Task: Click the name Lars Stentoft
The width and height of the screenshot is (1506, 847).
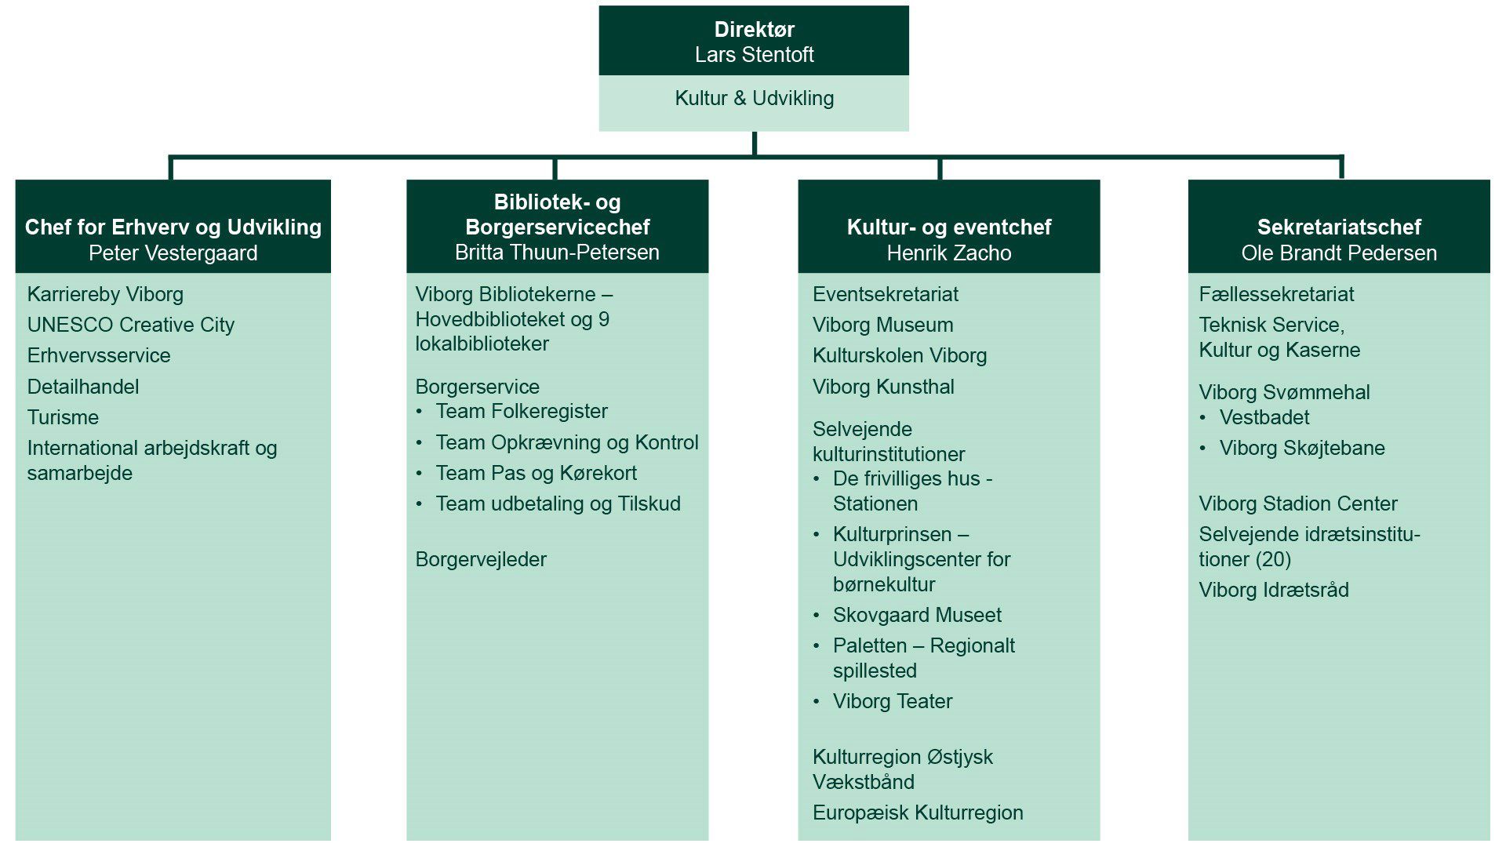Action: [x=754, y=55]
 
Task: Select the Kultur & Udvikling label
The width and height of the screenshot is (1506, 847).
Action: [x=754, y=99]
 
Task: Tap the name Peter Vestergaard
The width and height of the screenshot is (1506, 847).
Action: [x=173, y=253]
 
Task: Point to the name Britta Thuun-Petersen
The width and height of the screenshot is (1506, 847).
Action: [x=557, y=253]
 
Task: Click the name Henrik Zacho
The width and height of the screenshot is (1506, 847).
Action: [x=948, y=253]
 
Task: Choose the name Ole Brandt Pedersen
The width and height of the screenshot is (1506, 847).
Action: [x=1338, y=253]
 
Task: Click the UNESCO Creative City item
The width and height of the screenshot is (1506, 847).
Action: [x=130, y=325]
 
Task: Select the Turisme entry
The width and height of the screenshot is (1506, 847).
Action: [x=63, y=417]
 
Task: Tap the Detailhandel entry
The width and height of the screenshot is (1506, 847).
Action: [x=82, y=387]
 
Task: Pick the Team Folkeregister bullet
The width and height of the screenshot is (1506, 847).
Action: [x=521, y=411]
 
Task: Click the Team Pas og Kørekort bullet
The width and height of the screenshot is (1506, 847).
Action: [x=536, y=473]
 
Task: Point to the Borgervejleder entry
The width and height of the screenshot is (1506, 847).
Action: [x=480, y=559]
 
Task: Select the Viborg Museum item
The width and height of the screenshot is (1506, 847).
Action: [x=882, y=325]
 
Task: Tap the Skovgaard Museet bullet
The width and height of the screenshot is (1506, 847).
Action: [x=916, y=615]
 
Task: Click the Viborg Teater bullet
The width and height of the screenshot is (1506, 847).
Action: [x=892, y=701]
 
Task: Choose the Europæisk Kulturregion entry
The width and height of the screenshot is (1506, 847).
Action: [x=917, y=812]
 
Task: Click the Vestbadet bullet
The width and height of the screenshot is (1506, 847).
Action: [x=1264, y=417]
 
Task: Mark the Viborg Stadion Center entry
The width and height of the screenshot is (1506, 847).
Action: [x=1297, y=503]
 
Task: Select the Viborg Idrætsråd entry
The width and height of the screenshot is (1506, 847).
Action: [x=1273, y=590]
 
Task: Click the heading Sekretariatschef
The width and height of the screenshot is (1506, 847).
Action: [x=1338, y=227]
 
